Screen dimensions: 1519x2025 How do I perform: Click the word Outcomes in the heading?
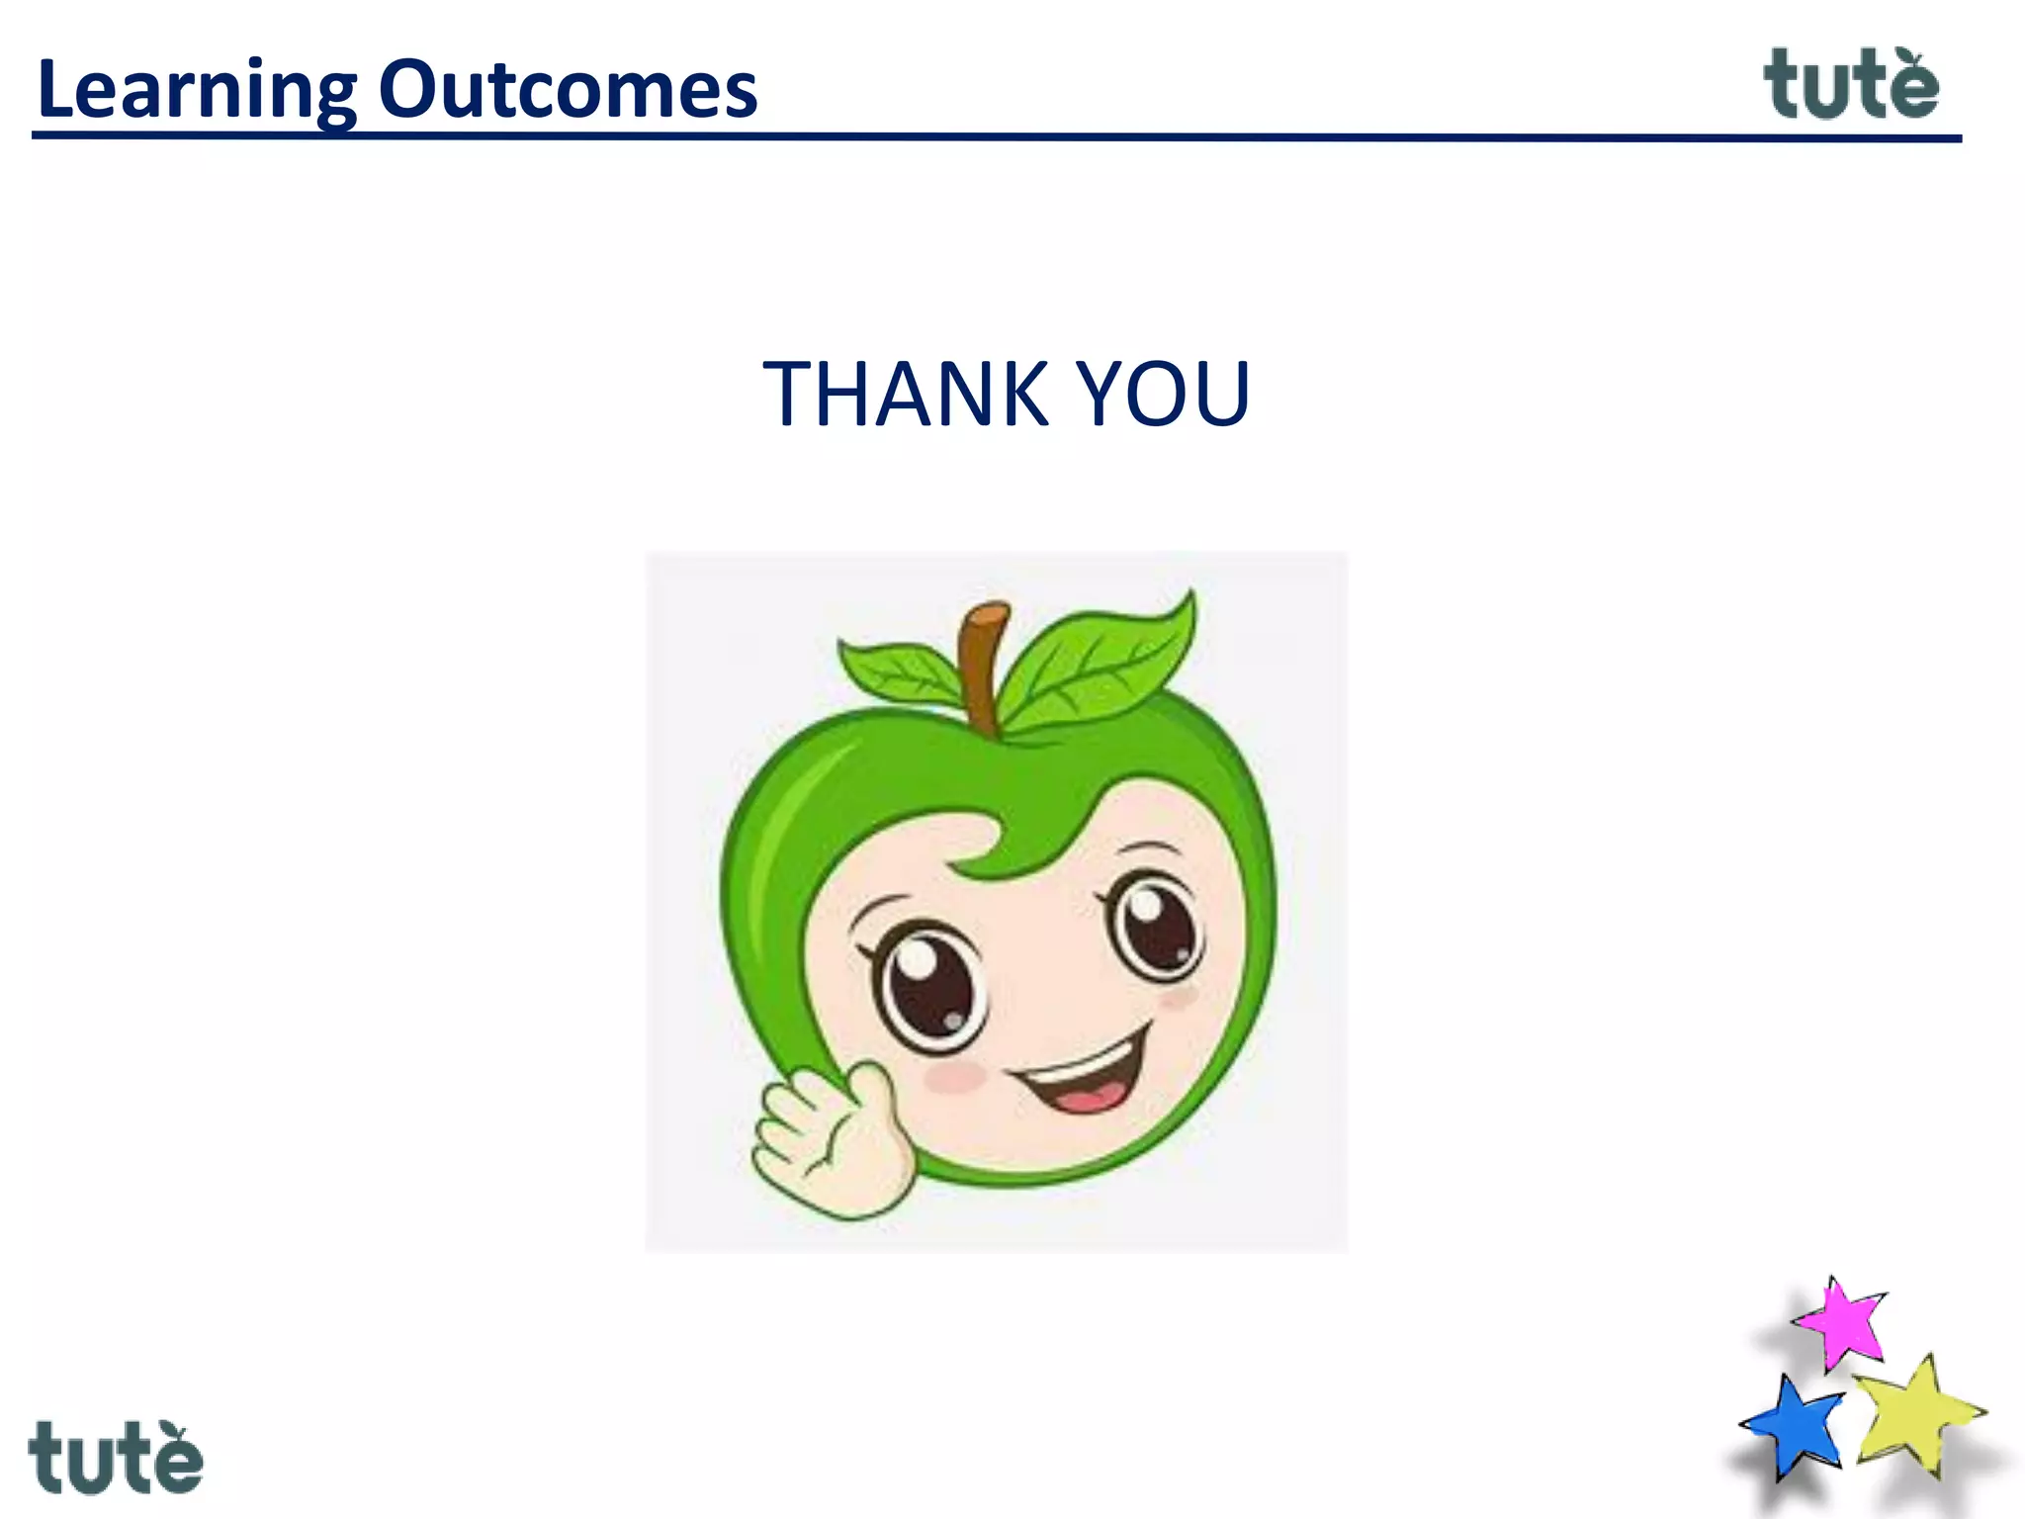pyautogui.click(x=568, y=89)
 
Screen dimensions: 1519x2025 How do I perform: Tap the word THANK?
pyautogui.click(x=905, y=395)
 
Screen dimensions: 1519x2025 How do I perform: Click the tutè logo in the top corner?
pyautogui.click(x=1851, y=85)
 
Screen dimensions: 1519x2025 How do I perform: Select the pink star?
pyautogui.click(x=1841, y=1323)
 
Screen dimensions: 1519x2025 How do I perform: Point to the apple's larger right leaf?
pyautogui.click(x=1102, y=661)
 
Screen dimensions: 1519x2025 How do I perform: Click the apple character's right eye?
pyautogui.click(x=1155, y=925)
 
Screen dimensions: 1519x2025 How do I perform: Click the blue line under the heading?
pyautogui.click(x=989, y=137)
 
